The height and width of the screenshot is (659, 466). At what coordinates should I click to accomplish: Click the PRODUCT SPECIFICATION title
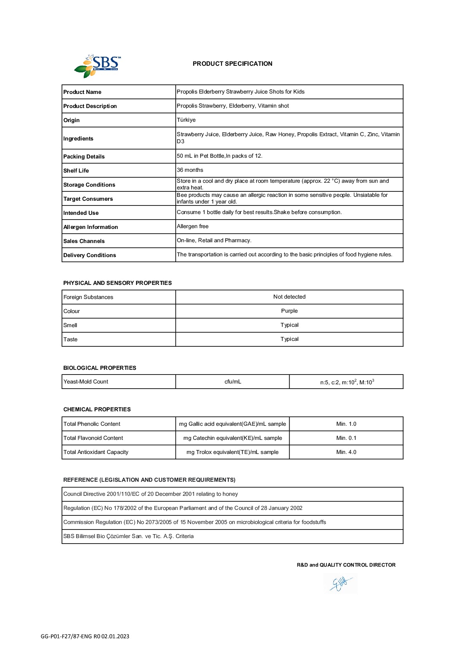[232, 64]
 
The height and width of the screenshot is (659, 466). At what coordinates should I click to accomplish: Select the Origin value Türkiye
[186, 120]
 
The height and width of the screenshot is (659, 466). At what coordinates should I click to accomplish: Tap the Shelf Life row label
[76, 171]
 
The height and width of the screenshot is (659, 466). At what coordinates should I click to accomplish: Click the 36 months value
[190, 170]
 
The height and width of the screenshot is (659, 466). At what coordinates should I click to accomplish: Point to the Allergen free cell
[193, 226]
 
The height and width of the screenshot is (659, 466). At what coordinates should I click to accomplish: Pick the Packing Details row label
[84, 157]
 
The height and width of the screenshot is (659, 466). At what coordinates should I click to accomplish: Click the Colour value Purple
[289, 311]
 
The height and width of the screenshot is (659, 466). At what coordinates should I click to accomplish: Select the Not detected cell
[289, 297]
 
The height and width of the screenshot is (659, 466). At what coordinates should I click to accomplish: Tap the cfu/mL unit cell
[233, 382]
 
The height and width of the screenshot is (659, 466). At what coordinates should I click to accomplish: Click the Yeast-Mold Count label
[86, 382]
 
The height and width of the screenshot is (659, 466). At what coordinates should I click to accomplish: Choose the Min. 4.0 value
[346, 452]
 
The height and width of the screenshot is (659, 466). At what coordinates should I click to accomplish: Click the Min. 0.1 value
[346, 438]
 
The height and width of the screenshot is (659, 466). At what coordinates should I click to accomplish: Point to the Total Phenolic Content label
[92, 424]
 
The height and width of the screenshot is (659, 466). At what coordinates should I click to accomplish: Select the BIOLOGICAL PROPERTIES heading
[100, 368]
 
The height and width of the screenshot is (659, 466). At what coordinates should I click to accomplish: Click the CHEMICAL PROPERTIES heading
[97, 409]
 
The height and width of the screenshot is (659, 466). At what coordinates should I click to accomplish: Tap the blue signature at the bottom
[340, 583]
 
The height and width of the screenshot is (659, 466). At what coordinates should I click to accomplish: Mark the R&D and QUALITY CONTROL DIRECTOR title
[346, 565]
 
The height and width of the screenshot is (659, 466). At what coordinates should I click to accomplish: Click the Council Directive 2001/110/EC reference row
[151, 494]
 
